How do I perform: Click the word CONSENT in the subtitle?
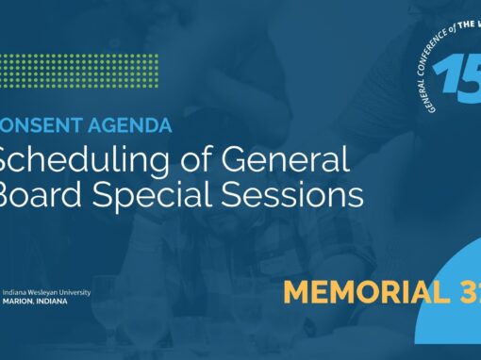(x=41, y=123)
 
